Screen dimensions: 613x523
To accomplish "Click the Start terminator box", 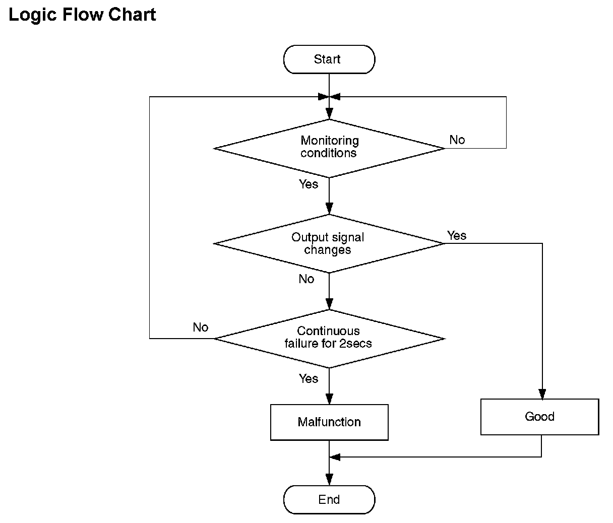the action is (x=329, y=59).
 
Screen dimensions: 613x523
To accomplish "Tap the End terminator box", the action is (x=329, y=500).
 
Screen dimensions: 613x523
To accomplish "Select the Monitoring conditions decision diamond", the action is (x=329, y=149).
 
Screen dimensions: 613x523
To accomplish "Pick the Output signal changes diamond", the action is (x=329, y=244).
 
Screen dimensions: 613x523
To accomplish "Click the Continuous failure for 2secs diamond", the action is (x=329, y=339).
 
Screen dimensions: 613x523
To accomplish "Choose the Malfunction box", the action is (x=329, y=422).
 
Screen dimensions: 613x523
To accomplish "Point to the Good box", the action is (x=540, y=417).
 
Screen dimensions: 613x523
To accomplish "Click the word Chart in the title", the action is (x=132, y=14).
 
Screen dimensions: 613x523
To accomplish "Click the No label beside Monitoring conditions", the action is (x=457, y=140).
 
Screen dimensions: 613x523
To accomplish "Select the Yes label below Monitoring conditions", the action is (x=309, y=184).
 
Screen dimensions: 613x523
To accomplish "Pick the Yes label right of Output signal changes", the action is (x=457, y=236).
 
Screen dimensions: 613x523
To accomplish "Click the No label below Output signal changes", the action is (x=306, y=279).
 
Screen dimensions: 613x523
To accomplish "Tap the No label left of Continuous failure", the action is (x=201, y=328).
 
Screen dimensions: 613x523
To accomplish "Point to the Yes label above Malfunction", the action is (x=309, y=378).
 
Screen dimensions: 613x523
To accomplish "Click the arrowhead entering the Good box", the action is (x=542, y=395).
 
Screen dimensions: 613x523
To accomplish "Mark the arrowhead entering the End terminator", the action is (x=329, y=480).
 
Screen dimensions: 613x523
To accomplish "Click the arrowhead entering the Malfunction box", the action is (x=329, y=399).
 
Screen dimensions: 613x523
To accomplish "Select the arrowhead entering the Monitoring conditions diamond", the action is (x=329, y=114).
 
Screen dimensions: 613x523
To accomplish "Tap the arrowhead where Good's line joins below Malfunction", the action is (x=335, y=457).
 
